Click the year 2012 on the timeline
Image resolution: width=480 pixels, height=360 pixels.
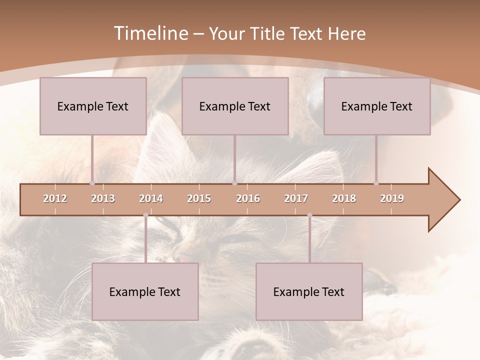click(55, 198)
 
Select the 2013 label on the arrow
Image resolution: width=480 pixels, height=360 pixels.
click(103, 198)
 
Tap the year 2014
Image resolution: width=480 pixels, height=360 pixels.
click(151, 198)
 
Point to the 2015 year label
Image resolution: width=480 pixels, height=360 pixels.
click(199, 198)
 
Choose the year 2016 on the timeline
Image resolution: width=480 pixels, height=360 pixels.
click(248, 198)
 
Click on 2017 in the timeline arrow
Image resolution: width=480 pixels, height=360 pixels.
click(296, 198)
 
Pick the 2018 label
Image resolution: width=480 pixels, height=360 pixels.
click(344, 198)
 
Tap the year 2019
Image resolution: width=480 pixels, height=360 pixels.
click(392, 198)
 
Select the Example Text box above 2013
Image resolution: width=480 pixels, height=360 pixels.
click(93, 106)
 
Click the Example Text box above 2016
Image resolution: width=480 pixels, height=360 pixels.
click(235, 106)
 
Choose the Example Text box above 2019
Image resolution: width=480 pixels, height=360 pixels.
click(377, 106)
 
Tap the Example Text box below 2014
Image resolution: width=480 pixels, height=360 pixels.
click(145, 291)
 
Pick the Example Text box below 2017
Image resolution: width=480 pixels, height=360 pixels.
click(309, 291)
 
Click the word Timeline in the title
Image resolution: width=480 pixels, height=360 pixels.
click(150, 33)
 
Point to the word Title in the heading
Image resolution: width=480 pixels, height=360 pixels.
click(269, 33)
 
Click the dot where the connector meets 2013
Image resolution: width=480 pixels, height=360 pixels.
click(92, 183)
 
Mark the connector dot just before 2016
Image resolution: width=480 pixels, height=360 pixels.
click(234, 183)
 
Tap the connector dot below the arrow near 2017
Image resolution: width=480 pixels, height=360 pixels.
click(309, 215)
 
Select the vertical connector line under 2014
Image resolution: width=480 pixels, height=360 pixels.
click(145, 240)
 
